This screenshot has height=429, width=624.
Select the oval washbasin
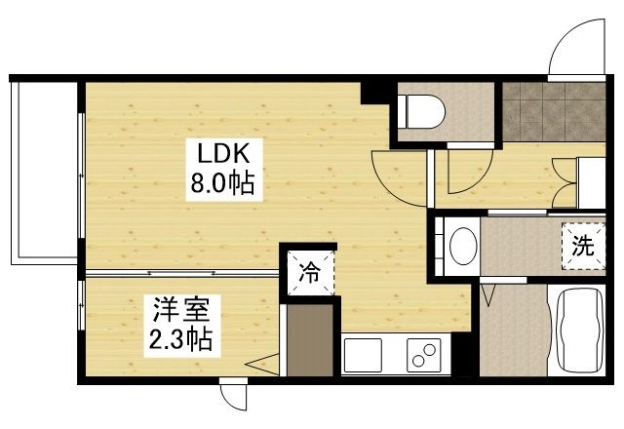(464, 245)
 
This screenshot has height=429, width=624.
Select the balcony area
(44, 172)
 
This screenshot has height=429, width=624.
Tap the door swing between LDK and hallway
(398, 175)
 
